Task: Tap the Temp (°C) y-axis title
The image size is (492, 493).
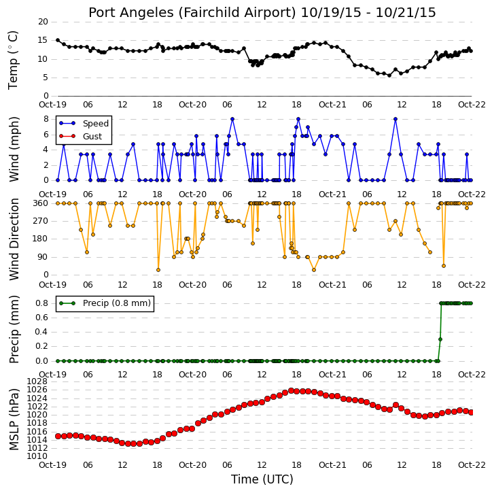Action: pos(13,60)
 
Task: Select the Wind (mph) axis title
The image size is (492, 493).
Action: pos(14,150)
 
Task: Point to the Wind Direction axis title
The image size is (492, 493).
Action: pos(14,239)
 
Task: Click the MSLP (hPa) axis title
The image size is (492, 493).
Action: pos(14,420)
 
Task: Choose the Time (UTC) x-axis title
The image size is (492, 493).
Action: pos(262,479)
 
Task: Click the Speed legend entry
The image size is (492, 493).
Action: pos(96,124)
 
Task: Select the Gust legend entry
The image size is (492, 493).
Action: pos(92,137)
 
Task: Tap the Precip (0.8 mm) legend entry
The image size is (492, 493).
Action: pos(117,303)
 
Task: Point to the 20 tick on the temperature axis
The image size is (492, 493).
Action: pos(43,22)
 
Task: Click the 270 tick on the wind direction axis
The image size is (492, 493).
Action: pos(41,221)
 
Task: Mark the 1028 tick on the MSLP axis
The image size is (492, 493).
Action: pos(37,381)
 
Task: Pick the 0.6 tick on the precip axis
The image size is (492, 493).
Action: pos(41,318)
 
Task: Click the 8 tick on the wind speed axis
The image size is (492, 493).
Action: pos(46,119)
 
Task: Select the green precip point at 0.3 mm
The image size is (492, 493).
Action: pos(440,339)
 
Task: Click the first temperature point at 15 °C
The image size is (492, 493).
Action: pos(58,40)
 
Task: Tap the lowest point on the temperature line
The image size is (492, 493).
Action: pos(389,75)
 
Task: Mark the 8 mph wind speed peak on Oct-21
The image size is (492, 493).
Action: pos(396,119)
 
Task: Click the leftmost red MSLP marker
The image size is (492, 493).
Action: pos(58,436)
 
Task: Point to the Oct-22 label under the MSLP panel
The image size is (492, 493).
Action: pos(472,464)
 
